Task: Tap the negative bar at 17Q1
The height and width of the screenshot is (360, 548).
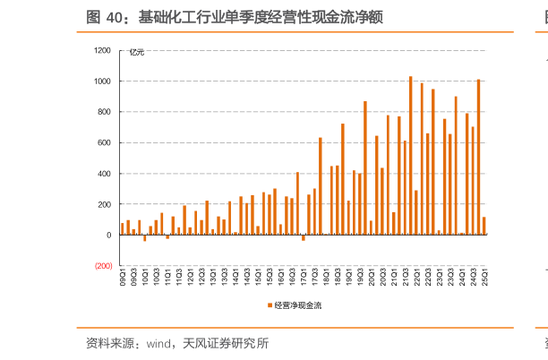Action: tap(304, 238)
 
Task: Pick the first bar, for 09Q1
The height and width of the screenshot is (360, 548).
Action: tap(123, 229)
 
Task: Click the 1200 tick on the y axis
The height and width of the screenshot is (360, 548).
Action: tap(102, 51)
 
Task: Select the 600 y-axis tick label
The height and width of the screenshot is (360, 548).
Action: tap(104, 143)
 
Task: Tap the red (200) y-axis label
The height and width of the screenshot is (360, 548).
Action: tap(102, 266)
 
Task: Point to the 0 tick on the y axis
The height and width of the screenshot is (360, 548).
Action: tap(108, 236)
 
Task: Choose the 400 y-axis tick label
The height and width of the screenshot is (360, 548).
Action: tap(104, 174)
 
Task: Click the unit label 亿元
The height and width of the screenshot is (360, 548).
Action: tap(137, 52)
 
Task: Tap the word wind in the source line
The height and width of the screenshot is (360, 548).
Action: tap(158, 343)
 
